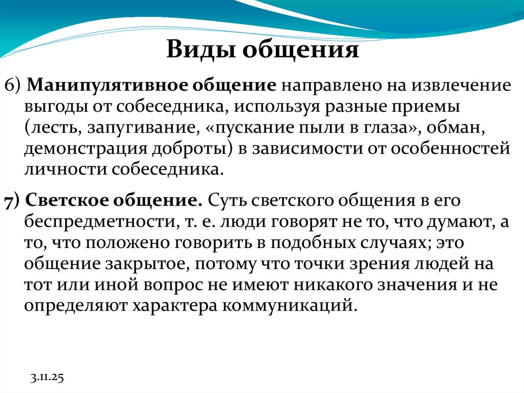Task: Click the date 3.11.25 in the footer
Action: [46, 379]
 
